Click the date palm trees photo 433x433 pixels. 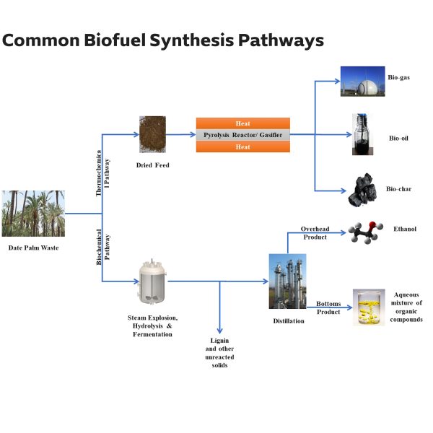33,214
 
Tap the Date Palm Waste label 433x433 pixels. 33,248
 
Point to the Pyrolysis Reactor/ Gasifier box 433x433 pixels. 242,135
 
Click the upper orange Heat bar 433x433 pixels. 242,123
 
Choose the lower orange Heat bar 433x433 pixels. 242,146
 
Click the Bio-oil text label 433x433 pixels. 398,138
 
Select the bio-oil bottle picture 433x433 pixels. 361,134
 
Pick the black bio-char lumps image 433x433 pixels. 361,190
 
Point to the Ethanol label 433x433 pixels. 404,229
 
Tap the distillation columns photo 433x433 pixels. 287,281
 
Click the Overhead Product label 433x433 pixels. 315,233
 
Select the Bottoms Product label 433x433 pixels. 328,307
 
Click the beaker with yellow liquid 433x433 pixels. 368,307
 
